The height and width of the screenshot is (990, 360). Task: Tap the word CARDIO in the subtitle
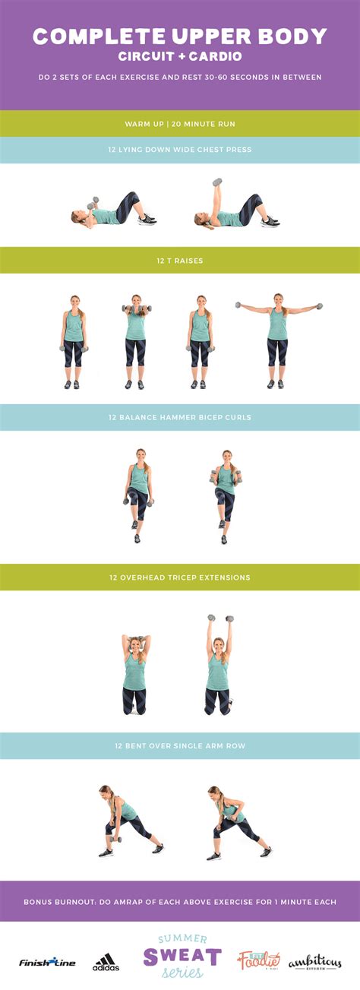tap(216, 56)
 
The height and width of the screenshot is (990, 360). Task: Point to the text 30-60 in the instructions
tap(214, 77)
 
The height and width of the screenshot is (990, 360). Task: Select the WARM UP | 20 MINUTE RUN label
tap(180, 124)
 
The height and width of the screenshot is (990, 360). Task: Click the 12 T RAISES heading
tap(180, 261)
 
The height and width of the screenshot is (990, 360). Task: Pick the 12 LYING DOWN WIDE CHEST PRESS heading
tap(180, 150)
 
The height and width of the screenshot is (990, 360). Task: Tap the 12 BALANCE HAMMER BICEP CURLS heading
tap(180, 417)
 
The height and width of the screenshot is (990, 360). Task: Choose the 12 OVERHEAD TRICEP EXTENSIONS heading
tap(180, 577)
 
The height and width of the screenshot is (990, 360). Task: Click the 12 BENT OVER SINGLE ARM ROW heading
tap(180, 745)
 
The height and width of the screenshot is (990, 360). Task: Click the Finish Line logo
tap(47, 962)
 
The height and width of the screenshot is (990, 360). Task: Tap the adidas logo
tap(106, 962)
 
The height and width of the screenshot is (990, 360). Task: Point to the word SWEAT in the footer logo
tap(182, 957)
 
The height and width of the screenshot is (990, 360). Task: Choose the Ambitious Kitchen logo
tap(315, 963)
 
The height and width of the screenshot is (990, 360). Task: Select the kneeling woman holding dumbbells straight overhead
tap(219, 664)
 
